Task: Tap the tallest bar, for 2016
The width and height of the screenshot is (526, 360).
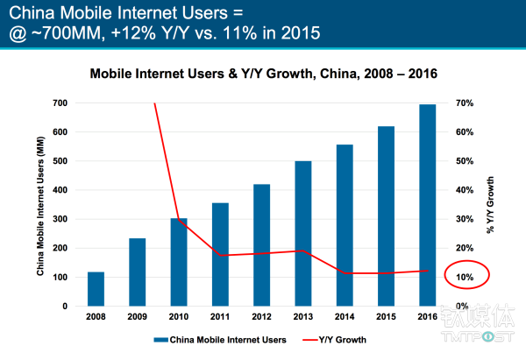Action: [x=426, y=205]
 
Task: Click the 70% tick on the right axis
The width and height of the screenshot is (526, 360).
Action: [x=466, y=103]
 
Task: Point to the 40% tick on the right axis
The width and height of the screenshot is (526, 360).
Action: [x=466, y=190]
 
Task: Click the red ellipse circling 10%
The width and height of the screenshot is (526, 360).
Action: [x=466, y=277]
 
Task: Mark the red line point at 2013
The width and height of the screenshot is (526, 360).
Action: [x=302, y=251]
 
